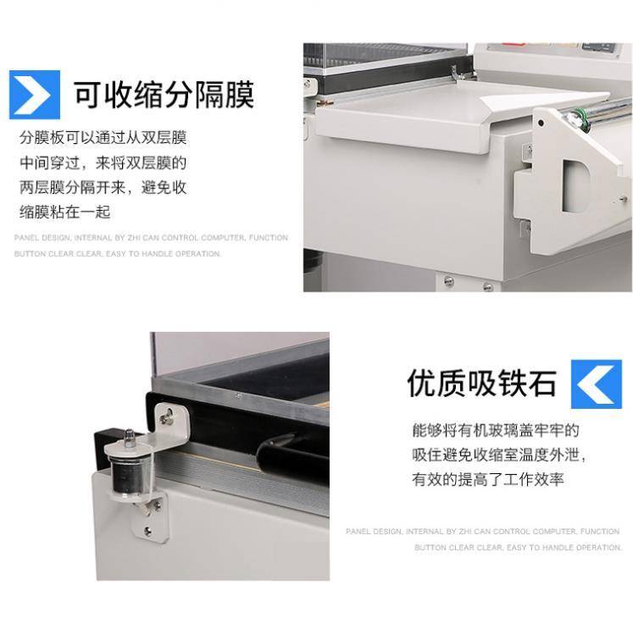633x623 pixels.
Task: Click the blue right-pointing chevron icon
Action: [x=35, y=95]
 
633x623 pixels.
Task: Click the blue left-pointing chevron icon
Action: [x=597, y=384]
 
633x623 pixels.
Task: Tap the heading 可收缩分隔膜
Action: [x=164, y=94]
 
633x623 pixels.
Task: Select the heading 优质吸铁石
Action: [x=481, y=383]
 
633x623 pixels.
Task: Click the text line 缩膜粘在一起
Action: [x=65, y=212]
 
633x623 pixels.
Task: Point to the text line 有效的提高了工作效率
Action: [x=488, y=479]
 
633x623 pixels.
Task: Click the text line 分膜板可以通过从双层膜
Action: [x=103, y=138]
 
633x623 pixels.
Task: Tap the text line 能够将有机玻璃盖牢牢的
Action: [x=496, y=430]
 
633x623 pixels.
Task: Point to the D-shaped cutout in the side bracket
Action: [x=575, y=185]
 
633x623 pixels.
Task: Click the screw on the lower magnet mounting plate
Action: [x=148, y=531]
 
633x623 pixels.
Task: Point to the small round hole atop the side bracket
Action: [x=541, y=123]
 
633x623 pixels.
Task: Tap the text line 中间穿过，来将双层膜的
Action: [x=103, y=163]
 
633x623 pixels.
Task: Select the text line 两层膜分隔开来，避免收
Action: [x=103, y=188]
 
